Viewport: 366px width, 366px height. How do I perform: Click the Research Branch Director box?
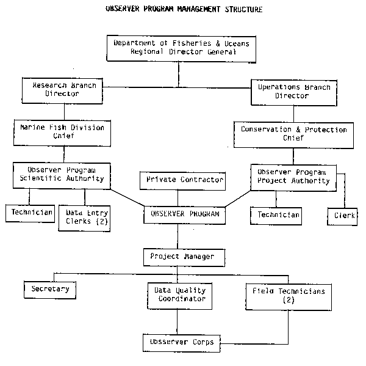(x=60, y=90)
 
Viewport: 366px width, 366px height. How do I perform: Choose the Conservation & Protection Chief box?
(x=293, y=134)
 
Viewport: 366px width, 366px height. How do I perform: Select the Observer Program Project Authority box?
(x=293, y=177)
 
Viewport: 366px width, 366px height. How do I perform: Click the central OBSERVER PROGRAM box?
(x=182, y=214)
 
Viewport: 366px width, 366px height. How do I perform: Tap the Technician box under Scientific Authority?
(x=29, y=213)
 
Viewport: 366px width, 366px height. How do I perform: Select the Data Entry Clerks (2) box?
(x=85, y=218)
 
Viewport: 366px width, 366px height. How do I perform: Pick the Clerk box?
(x=345, y=215)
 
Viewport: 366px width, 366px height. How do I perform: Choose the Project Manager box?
(x=182, y=257)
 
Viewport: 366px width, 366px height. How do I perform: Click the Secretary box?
(x=51, y=288)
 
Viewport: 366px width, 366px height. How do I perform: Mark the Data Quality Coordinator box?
(x=178, y=295)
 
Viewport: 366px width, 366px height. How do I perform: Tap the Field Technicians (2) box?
(x=289, y=295)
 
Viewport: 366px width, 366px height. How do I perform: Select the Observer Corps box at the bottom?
(x=182, y=342)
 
